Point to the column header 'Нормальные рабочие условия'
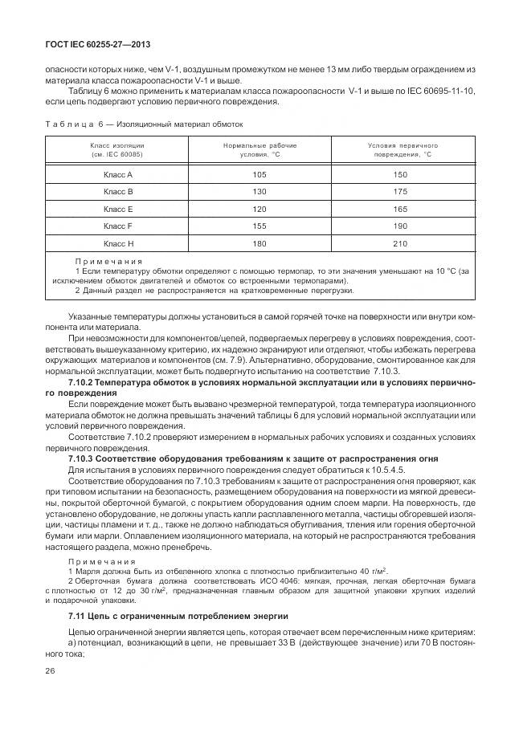click(x=259, y=149)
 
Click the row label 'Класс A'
click(x=117, y=174)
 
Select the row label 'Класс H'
click(x=117, y=243)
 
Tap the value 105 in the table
click(x=259, y=174)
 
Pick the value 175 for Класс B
click(x=399, y=192)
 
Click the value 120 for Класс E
click(x=259, y=209)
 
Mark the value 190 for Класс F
click(x=399, y=226)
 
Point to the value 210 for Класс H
click(x=399, y=243)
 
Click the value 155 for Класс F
click(x=259, y=226)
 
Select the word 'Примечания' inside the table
click(x=108, y=261)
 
